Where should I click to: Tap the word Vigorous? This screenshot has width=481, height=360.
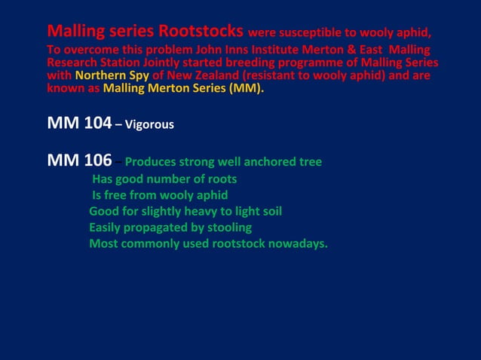point(150,124)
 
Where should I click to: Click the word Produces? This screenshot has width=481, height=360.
point(152,163)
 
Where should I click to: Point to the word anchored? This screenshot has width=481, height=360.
point(270,163)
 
